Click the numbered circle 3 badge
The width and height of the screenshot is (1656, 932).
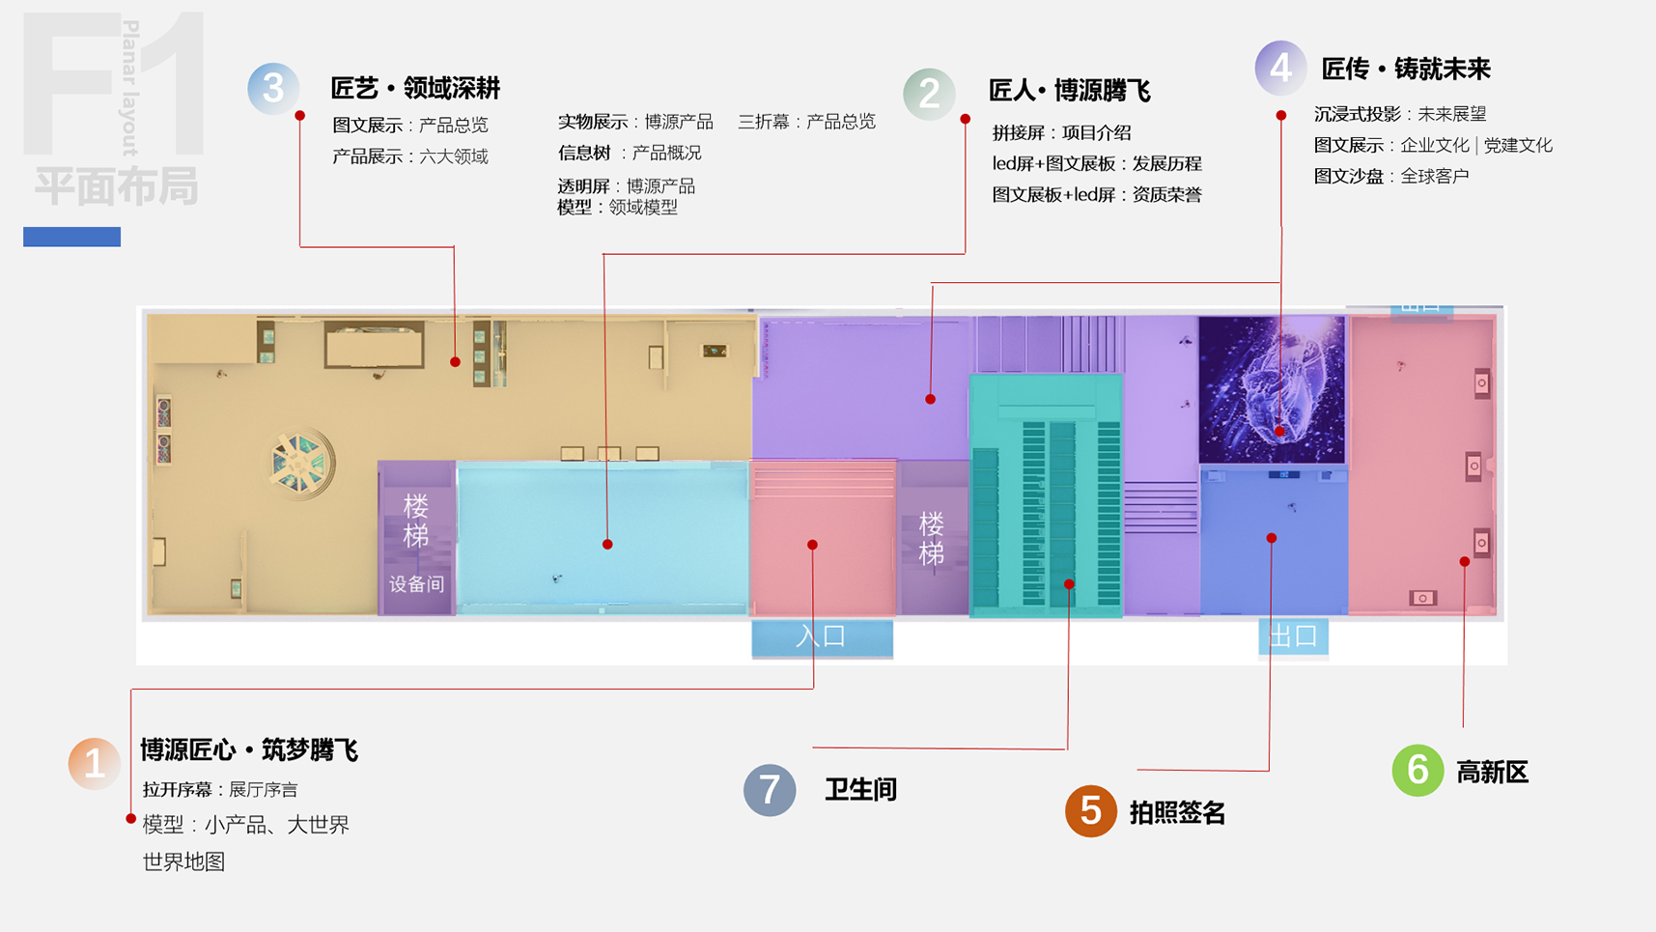tap(273, 89)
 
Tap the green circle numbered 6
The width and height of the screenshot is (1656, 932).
tap(1417, 770)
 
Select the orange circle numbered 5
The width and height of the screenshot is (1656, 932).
tap(1091, 810)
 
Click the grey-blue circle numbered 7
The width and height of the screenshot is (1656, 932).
tap(770, 789)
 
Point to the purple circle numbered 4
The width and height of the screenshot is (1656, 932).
tap(1280, 68)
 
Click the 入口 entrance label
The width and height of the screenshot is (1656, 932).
tap(822, 636)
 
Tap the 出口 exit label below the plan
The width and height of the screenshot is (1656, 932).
tap(1293, 636)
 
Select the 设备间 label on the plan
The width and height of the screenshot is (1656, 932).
tap(416, 584)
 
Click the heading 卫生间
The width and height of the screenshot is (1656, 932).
tap(860, 790)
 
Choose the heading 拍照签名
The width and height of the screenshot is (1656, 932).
tap(1177, 813)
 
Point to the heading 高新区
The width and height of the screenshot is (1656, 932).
tap(1492, 773)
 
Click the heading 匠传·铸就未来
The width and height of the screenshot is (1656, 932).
tap(1405, 70)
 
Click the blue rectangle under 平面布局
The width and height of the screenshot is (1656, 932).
tap(71, 237)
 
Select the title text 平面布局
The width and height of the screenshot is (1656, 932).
tap(116, 186)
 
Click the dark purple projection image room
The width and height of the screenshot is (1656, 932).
tap(1271, 389)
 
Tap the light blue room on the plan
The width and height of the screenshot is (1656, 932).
tap(602, 538)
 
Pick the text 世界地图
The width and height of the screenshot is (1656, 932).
tap(183, 861)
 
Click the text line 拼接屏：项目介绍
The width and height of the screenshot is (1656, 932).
tap(1061, 132)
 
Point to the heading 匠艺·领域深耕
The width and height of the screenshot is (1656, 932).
tap(415, 89)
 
